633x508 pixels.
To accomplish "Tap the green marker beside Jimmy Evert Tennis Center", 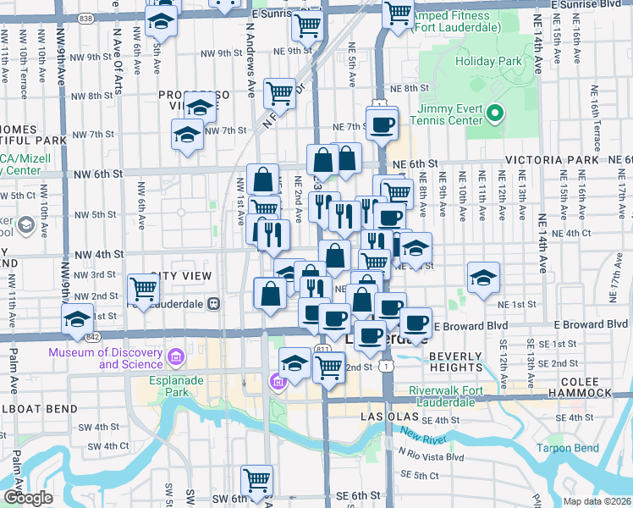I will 498,113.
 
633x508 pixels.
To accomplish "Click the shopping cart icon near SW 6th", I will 257,480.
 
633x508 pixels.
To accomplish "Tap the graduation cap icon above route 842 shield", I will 77,319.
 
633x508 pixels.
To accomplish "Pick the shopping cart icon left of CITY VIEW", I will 143,290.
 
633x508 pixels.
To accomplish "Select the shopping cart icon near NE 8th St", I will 279,92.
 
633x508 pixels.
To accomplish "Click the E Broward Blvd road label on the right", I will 471,325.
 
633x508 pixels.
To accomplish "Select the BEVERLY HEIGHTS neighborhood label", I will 455,362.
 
